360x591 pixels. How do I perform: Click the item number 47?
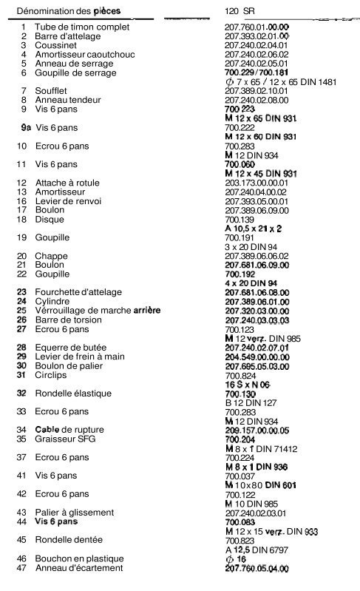click(22, 567)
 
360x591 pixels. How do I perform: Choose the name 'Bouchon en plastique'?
click(81, 558)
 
